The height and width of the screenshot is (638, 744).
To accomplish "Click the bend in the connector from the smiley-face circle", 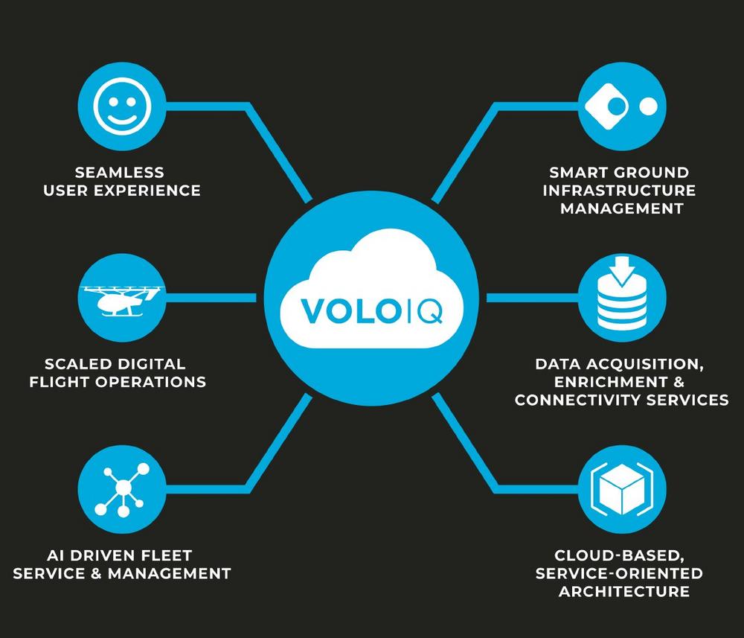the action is point(248,106).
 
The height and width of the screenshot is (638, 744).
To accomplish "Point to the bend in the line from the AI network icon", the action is point(248,489).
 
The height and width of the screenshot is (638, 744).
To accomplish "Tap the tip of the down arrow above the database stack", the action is point(621,287).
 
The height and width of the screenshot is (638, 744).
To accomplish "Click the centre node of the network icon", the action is point(124,488).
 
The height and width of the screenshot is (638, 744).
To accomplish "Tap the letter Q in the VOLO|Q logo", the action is point(429,311).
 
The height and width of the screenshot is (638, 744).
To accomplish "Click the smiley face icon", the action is point(122,106).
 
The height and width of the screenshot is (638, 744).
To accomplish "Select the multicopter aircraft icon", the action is point(121,299).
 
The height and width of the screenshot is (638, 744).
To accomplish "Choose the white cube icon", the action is point(622,489).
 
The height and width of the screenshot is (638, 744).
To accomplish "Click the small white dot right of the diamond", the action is point(648,106).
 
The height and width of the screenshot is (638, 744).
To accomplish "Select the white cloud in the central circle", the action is point(371,289).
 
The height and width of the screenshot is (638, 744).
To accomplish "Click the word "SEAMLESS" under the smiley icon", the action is point(120,172).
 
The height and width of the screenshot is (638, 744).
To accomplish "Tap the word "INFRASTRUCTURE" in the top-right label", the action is point(619,191).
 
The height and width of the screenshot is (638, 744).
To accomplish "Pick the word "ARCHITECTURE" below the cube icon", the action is point(624,591).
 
